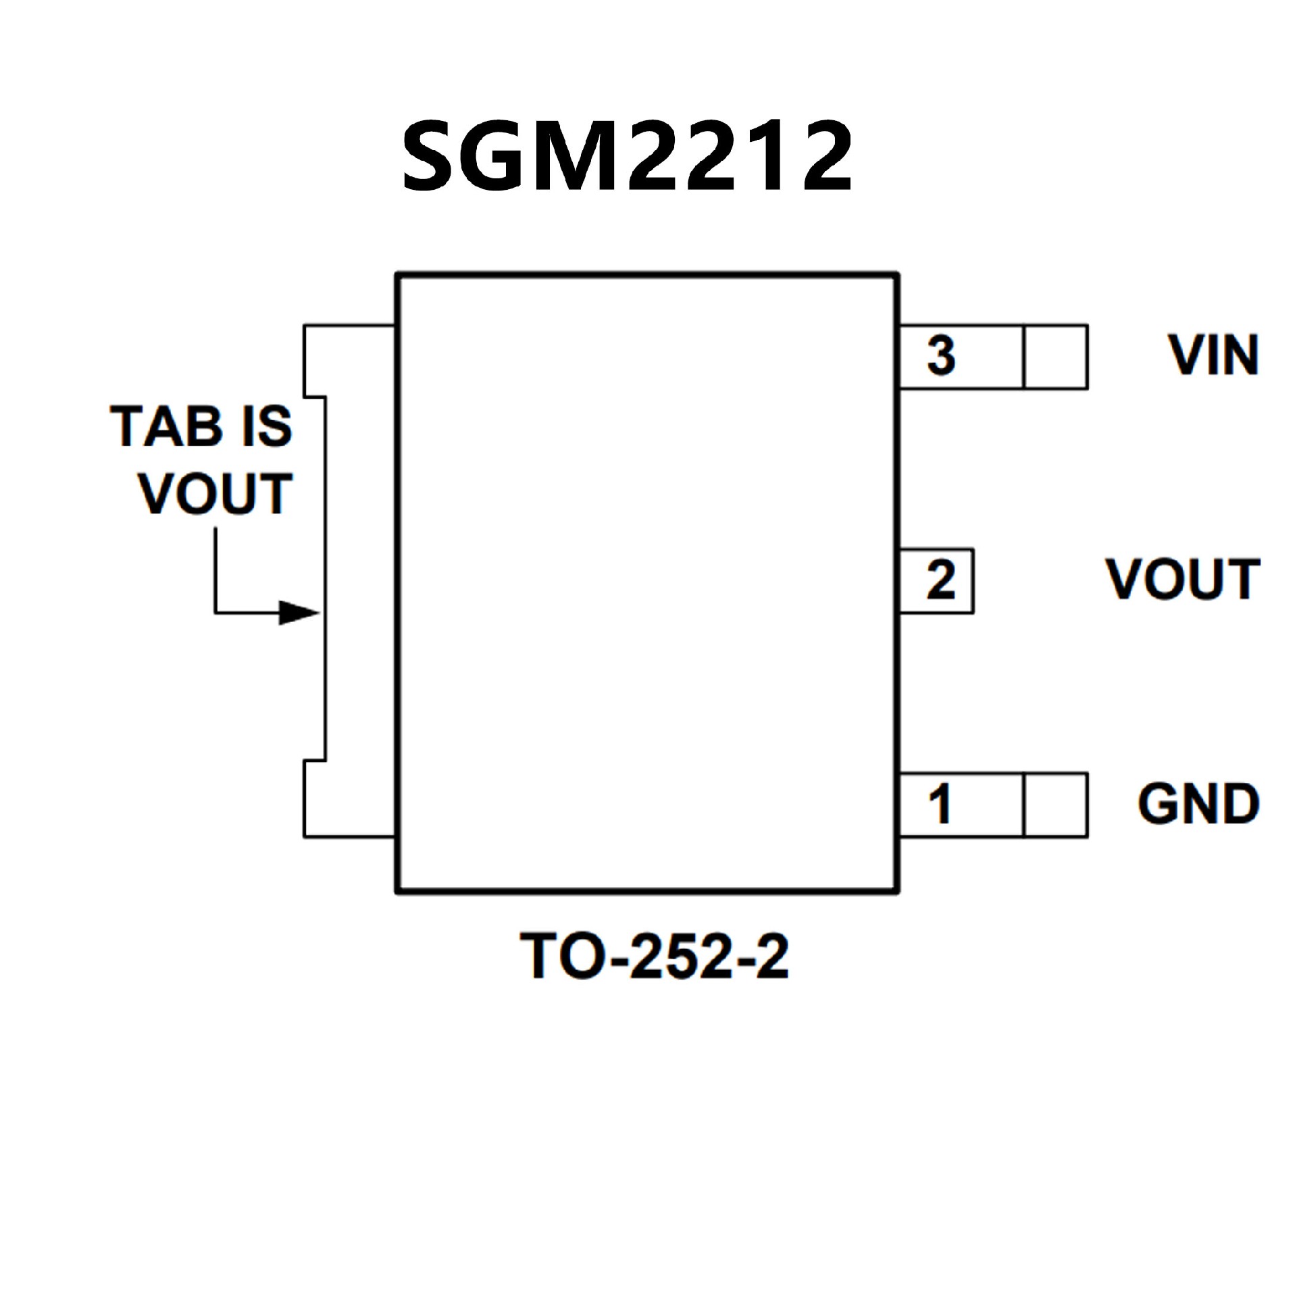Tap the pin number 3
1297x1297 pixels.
click(x=941, y=356)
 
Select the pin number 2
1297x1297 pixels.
click(x=941, y=580)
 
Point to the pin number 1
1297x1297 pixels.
click(x=940, y=804)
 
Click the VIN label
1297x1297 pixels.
click(x=1214, y=355)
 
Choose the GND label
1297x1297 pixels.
click(x=1198, y=804)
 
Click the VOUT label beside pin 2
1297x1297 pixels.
click(x=1183, y=580)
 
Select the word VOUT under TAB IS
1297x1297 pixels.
click(x=215, y=493)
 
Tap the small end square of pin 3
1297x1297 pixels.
click(x=1055, y=357)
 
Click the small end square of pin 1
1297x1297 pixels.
click(x=1055, y=805)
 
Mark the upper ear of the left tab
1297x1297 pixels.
click(x=348, y=360)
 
